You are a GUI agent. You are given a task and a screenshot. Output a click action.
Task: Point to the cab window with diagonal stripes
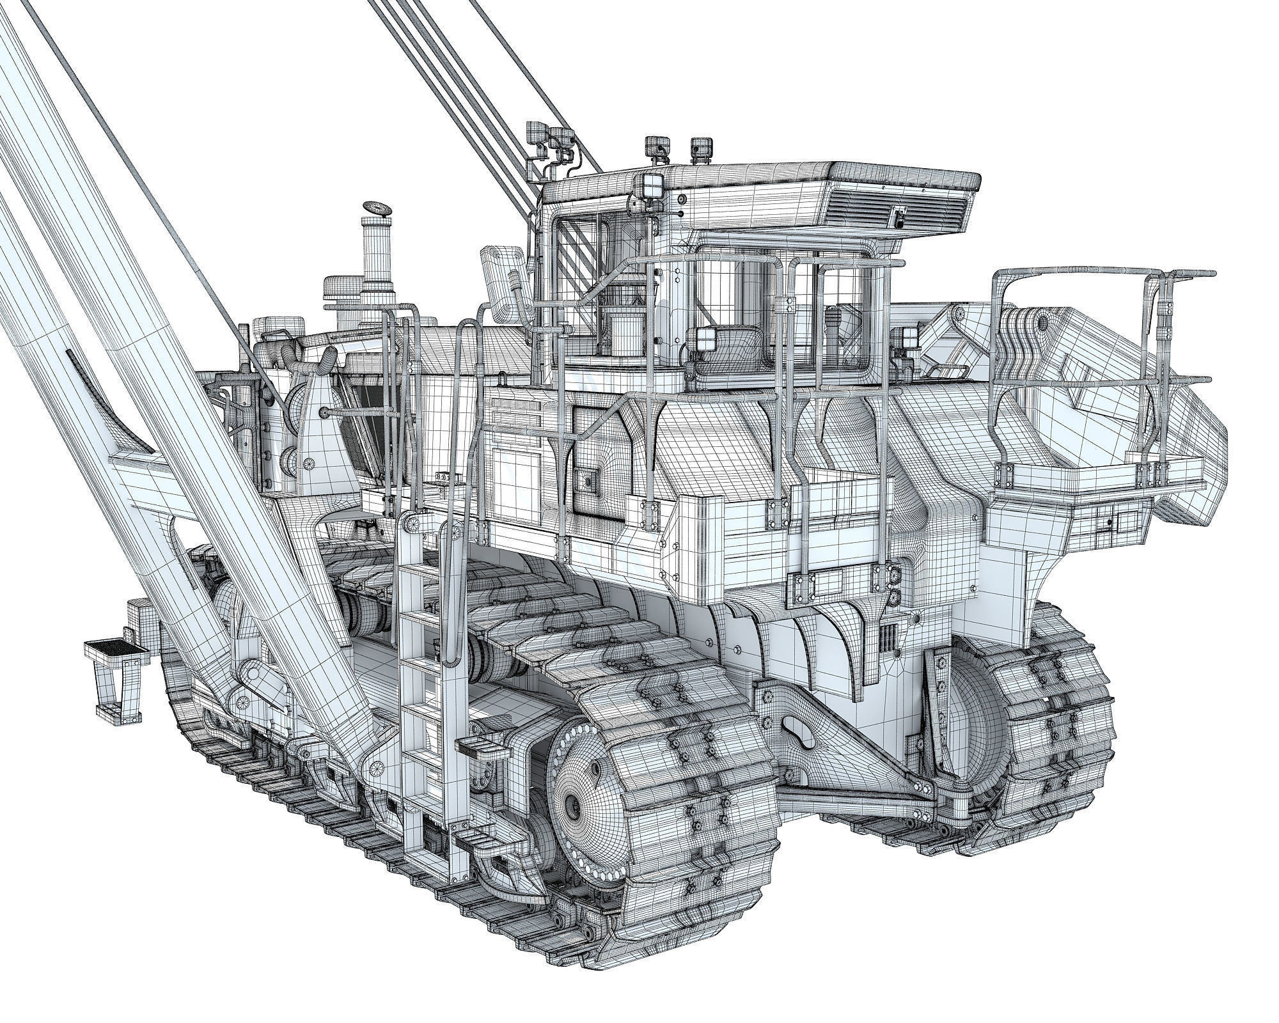579,243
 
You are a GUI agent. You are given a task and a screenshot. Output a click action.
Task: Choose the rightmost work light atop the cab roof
700,148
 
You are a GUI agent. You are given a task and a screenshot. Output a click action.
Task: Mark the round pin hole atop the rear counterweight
1041,322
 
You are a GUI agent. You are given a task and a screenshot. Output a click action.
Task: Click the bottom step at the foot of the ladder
475,833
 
